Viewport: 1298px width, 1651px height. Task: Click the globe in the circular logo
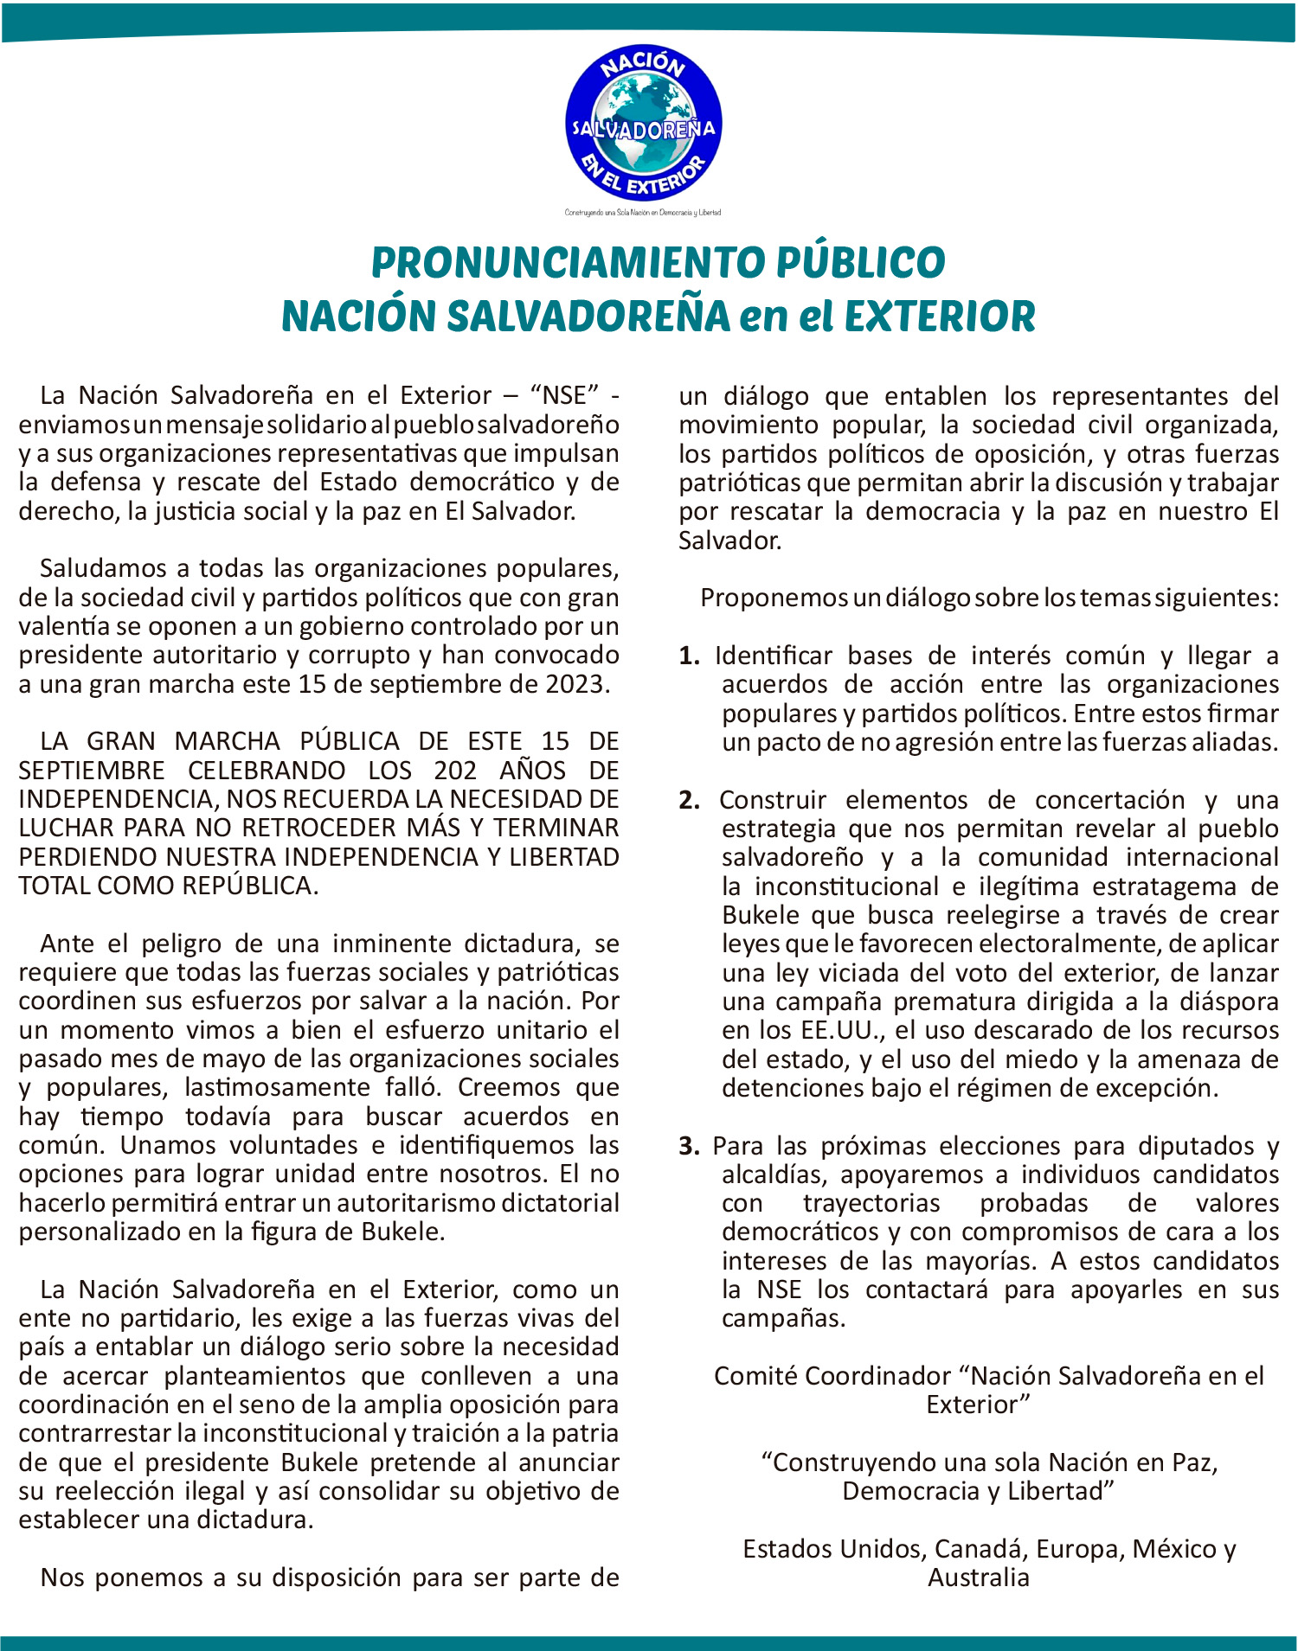pos(643,124)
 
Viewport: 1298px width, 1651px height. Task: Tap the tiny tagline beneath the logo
pos(643,212)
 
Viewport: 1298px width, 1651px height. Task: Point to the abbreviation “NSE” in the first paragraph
pos(570,396)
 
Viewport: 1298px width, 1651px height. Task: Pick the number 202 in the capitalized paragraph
pos(457,770)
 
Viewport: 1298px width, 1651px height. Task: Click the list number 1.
pos(689,656)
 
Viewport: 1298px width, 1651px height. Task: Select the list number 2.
pos(690,800)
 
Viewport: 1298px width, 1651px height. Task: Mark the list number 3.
pos(690,1147)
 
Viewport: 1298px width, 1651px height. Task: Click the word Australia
pos(979,1577)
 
